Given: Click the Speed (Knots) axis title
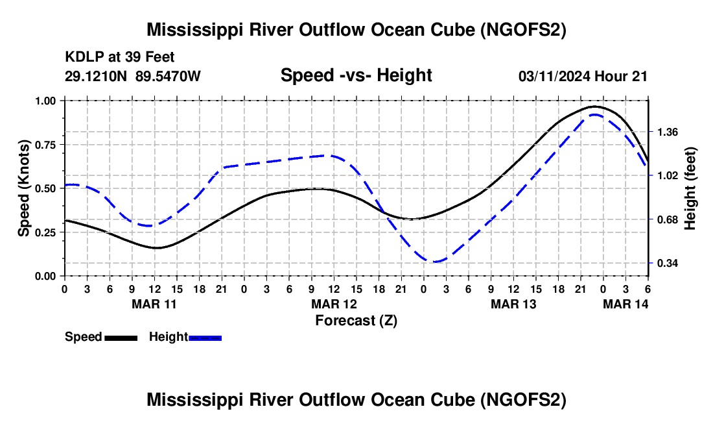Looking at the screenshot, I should tap(23, 188).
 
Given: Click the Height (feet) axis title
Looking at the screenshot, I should tap(690, 188).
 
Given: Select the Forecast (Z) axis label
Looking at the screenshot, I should tap(356, 320).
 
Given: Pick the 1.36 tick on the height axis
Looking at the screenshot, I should tap(667, 132).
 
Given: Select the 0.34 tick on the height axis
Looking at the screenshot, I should tap(667, 264).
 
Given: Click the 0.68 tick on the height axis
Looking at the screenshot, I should tap(667, 219).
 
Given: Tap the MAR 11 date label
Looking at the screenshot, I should tap(154, 304).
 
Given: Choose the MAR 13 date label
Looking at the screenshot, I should tap(514, 304).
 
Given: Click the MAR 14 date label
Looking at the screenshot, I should tap(626, 304).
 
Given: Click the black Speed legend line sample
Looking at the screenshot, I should tap(121, 337).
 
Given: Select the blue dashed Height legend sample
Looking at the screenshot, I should tap(205, 337).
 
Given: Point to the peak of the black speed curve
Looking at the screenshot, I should tap(594, 106).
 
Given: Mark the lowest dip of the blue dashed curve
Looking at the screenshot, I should tap(435, 262).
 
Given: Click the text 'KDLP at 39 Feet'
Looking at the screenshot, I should tap(120, 58).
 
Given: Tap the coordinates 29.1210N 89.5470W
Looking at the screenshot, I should tap(133, 76).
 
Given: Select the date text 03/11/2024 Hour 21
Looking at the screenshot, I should tap(583, 76).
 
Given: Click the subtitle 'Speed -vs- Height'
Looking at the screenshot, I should tap(356, 75).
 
